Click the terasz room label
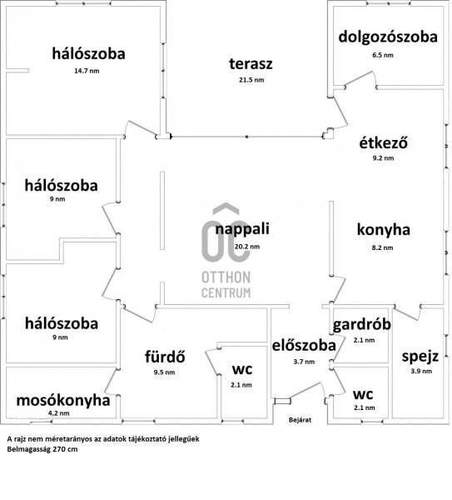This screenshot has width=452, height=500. coord(251,64)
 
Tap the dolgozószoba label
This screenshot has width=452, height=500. coord(388,37)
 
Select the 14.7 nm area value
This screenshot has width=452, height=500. coord(87,71)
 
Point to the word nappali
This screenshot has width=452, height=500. coord(242,229)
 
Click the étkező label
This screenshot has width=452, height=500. coord(383,142)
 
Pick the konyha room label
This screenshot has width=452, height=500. coord(383,230)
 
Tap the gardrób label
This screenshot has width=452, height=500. coord(361,325)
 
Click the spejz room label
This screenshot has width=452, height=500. coord(420,356)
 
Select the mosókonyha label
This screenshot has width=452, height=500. coord(63,401)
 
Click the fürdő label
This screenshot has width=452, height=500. coord(165,356)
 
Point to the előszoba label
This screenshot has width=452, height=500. coord(304,346)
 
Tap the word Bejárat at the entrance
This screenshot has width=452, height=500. coord(300,420)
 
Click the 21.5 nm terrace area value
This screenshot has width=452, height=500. coord(251,80)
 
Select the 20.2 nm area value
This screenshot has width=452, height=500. coord(247,247)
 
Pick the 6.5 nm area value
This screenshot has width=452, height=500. coord(383,55)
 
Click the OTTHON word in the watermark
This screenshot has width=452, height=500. coord(226,277)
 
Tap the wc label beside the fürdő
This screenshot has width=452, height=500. coord(241,370)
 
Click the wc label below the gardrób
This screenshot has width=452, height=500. coord(362,395)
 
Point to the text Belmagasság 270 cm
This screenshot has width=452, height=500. coord(42,449)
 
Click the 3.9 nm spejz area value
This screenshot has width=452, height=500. coord(421,371)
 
